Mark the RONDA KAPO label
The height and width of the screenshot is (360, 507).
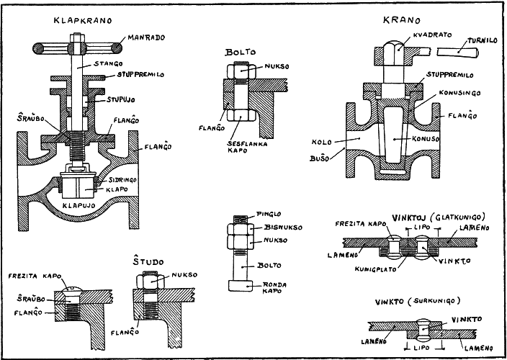tap(273, 288)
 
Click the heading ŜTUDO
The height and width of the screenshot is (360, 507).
tap(148, 261)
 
